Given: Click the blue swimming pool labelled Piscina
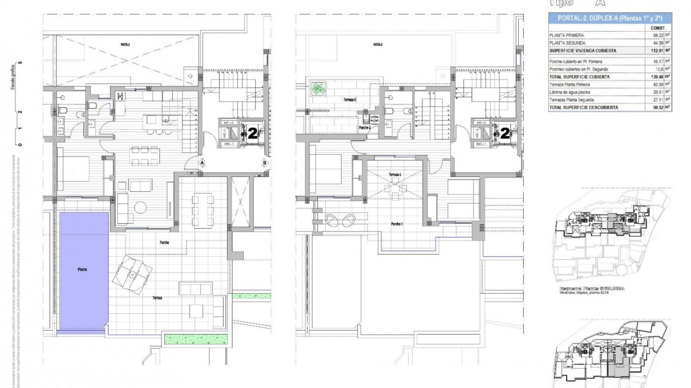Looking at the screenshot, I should (x=83, y=269).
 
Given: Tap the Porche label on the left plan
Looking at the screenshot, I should (x=164, y=242).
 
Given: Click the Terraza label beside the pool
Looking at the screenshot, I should (x=157, y=298).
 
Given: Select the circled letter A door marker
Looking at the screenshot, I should (x=202, y=163).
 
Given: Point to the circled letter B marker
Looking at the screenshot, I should (x=265, y=163).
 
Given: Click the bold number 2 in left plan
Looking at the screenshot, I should (x=253, y=134).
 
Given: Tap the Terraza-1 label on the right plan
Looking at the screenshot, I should (x=395, y=175).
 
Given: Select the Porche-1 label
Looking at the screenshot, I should (x=397, y=224).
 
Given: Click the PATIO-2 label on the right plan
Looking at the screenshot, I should (x=378, y=45).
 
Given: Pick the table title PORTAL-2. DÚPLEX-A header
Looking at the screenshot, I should (x=610, y=18).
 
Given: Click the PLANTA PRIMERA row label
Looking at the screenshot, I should (x=566, y=36).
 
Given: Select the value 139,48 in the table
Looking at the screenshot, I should (x=657, y=77).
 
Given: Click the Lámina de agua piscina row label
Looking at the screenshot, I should (x=569, y=92).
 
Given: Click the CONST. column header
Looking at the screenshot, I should (x=658, y=28).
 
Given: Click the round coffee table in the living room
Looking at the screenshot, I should (x=140, y=207).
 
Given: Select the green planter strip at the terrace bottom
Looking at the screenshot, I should (x=196, y=339).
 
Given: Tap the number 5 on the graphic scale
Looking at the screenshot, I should (x=21, y=63).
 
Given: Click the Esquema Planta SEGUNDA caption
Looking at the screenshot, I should (x=592, y=288).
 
